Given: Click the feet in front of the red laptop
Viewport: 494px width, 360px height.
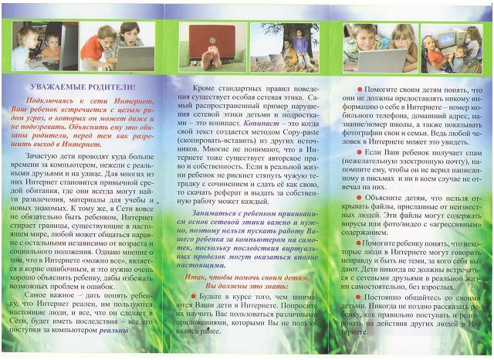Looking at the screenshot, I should point(210,64).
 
